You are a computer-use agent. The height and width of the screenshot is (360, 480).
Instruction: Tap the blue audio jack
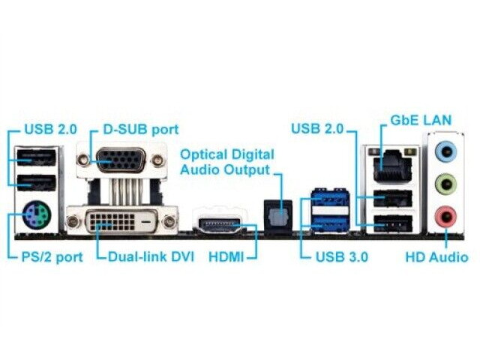(x=445, y=151)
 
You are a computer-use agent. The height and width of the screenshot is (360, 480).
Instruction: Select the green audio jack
(x=445, y=184)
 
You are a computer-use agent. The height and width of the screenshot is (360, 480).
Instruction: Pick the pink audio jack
(x=445, y=217)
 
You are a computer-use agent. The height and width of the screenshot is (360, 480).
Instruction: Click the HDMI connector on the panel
(x=220, y=226)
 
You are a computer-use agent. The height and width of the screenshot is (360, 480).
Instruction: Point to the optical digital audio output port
(x=278, y=216)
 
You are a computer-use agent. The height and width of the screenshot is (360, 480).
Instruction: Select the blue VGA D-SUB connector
(x=121, y=160)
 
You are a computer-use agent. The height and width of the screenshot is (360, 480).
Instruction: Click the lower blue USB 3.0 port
(x=331, y=223)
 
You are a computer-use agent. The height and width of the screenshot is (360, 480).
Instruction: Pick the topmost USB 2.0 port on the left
(x=37, y=157)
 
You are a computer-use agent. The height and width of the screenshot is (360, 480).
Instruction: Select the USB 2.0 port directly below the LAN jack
(x=393, y=198)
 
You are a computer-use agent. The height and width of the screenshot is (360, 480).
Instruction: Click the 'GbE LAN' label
(x=421, y=120)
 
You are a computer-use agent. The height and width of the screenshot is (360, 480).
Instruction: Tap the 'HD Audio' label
(x=436, y=257)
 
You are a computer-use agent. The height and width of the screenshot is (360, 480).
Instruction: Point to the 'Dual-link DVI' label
(x=151, y=256)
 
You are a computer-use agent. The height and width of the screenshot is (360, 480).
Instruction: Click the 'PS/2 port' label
(x=52, y=257)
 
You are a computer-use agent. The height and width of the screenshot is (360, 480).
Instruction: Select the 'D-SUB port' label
(x=141, y=130)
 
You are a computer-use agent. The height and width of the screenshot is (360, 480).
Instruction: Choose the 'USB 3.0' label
(x=342, y=257)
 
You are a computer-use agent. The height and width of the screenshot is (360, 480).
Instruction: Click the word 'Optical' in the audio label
(x=204, y=155)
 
